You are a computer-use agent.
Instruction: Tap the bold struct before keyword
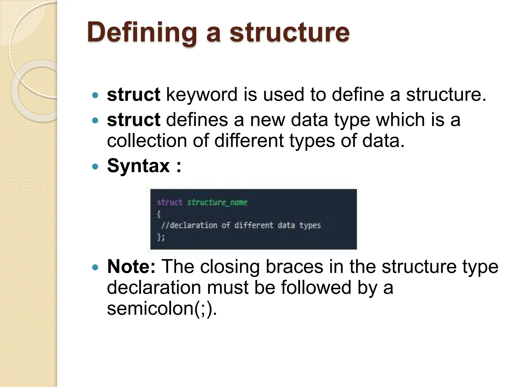tap(134, 95)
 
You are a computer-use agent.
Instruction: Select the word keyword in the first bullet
tap(202, 95)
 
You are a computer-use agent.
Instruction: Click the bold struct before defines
tap(134, 120)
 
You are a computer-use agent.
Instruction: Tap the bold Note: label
tap(131, 267)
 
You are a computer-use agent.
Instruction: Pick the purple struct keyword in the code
tap(170, 202)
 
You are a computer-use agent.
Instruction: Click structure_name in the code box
tap(217, 202)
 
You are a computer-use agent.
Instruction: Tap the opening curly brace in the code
tap(159, 214)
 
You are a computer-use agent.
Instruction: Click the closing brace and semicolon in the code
tap(161, 237)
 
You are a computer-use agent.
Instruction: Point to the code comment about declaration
tap(241, 225)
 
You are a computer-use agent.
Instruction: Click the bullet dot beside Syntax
tap(95, 167)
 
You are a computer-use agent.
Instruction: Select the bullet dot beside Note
tap(95, 267)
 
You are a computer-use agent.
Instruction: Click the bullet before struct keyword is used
tap(95, 95)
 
